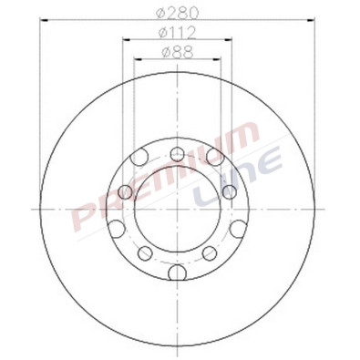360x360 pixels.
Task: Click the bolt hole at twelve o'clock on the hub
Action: coord(177,151)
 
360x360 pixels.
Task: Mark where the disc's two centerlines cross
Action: coord(177,211)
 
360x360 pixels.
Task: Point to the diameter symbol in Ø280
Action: coord(160,13)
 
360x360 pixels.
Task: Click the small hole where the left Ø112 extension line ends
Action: coord(126,192)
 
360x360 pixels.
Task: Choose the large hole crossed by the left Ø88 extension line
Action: coord(139,159)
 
